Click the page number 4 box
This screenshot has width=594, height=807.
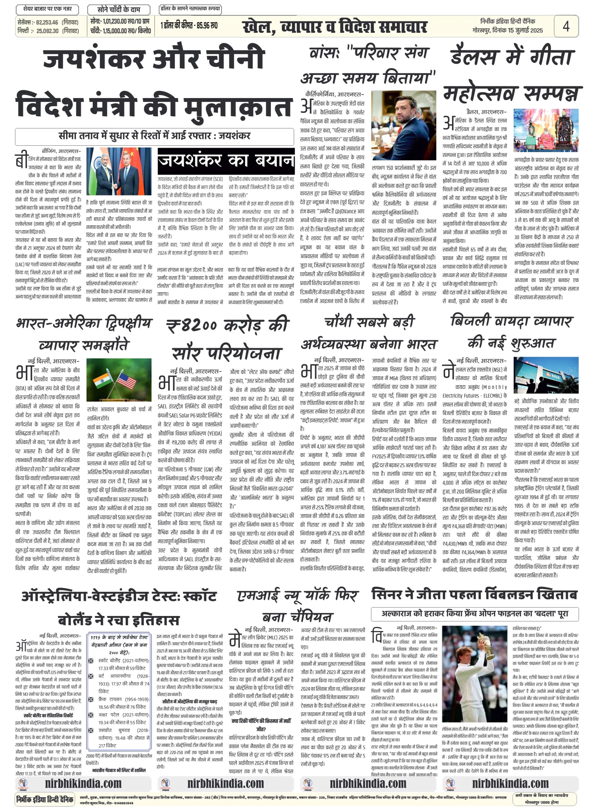coord(566,26)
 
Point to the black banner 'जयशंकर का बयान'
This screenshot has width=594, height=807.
coord(226,161)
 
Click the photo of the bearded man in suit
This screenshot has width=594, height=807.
coord(404,125)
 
